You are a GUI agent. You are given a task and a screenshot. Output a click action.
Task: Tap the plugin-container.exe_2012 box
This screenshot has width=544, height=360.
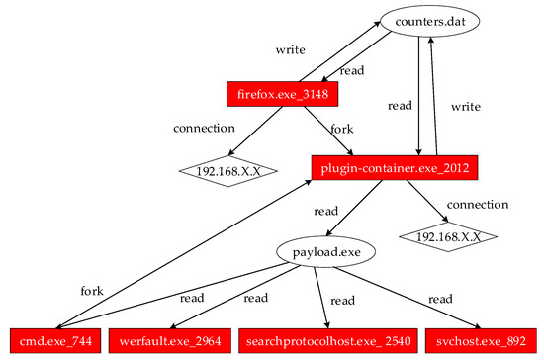click(x=396, y=168)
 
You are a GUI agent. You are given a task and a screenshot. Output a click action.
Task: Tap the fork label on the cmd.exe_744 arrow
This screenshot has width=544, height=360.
click(x=92, y=291)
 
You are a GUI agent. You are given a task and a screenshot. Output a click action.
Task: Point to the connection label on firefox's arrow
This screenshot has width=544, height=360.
click(x=204, y=128)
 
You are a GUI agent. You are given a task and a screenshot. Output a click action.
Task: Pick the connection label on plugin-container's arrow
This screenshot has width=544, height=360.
click(x=479, y=204)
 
